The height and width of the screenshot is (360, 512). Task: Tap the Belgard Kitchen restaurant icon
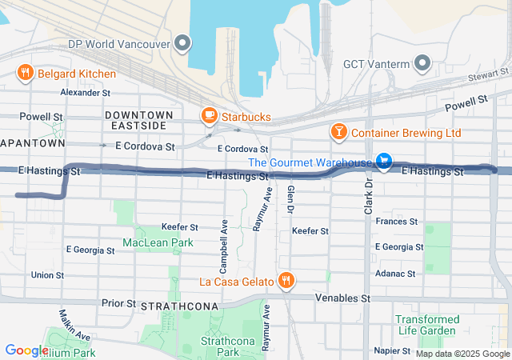click(26, 74)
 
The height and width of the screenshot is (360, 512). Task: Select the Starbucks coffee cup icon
click(209, 117)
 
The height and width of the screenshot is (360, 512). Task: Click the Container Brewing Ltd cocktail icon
click(338, 131)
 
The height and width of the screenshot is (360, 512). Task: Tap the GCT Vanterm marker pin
click(422, 63)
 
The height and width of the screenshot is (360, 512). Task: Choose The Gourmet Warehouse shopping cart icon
click(384, 162)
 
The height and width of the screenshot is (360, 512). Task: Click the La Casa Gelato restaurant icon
click(286, 280)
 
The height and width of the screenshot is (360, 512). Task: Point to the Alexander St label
click(86, 93)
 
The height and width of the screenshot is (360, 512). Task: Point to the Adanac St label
click(395, 274)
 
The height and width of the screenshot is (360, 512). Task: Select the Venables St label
click(344, 298)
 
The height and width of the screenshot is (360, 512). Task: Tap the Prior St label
click(118, 303)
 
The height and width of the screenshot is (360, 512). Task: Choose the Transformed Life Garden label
click(427, 325)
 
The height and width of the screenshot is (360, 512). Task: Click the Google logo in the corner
click(26, 350)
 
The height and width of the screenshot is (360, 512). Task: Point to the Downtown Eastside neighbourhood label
click(135, 121)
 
